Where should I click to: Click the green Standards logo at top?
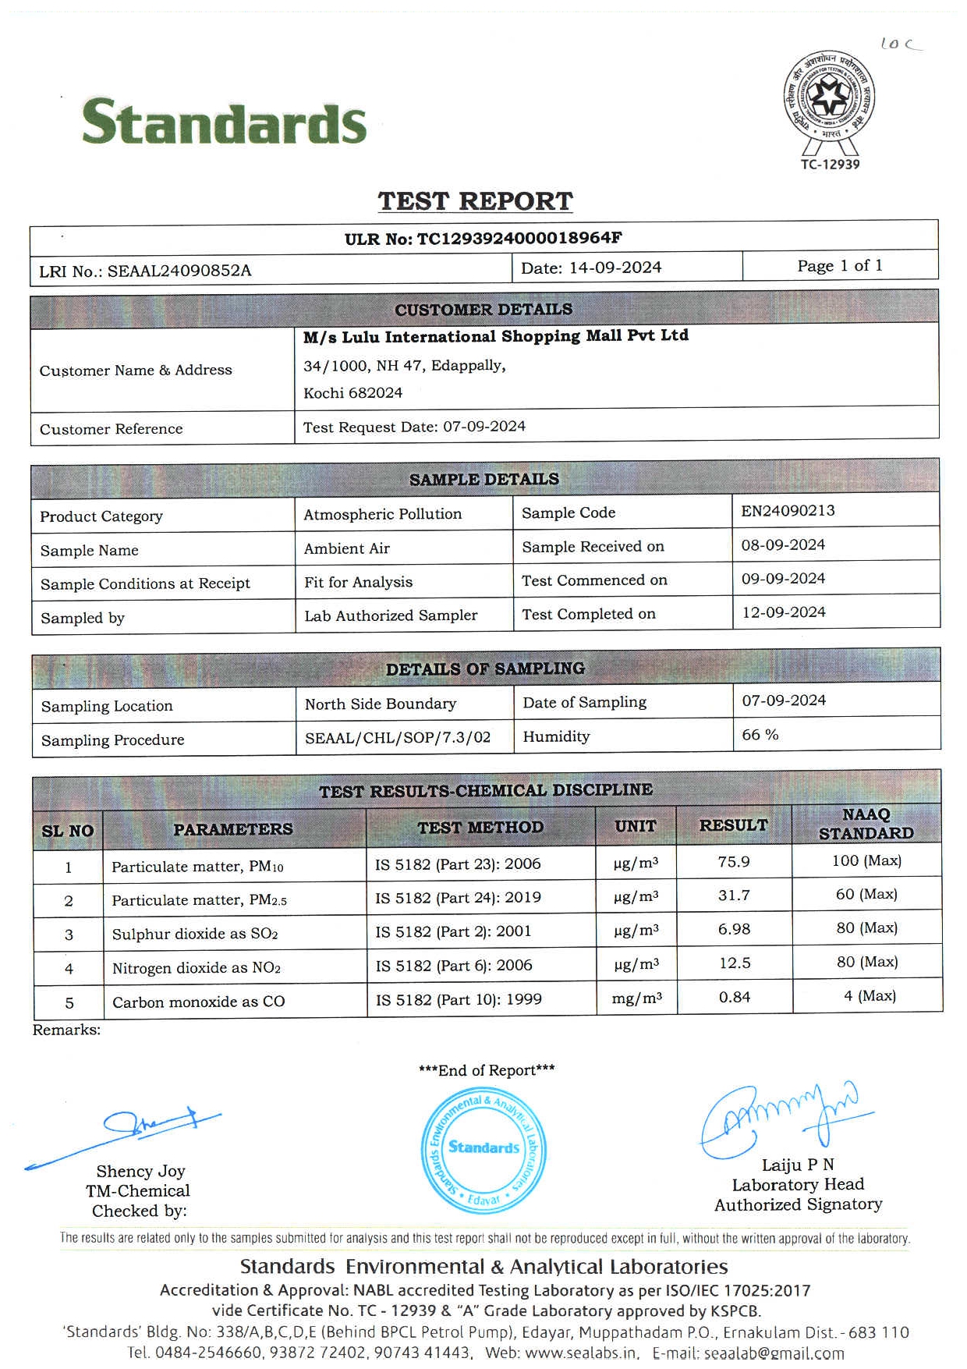pos(224,122)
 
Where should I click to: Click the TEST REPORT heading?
pos(475,201)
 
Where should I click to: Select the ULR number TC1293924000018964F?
pos(483,238)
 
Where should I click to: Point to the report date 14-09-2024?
pos(615,268)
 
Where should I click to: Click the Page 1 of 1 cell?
pos(840,266)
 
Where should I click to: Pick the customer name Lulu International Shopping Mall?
pos(495,336)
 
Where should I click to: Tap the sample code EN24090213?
pos(788,511)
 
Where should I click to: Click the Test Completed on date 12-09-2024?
pos(783,612)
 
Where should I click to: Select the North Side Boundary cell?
pos(381,704)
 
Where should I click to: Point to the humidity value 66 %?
pos(760,735)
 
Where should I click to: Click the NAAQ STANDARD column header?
pos(866,824)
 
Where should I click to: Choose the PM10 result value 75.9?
pos(734,861)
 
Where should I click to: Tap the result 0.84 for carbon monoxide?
pos(735,997)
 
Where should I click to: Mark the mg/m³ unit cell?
pos(637,998)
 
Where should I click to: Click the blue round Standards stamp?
pos(483,1150)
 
